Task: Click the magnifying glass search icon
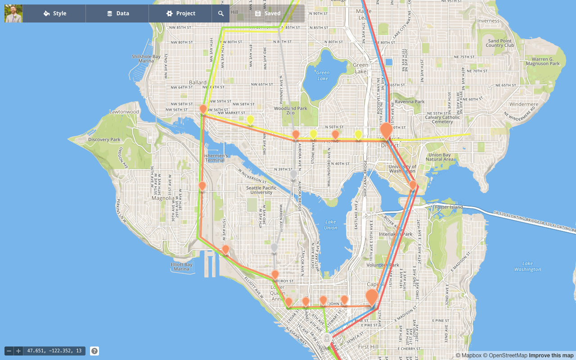tap(221, 13)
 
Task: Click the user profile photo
tap(13, 13)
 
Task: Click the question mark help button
tap(94, 351)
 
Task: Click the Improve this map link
tap(551, 355)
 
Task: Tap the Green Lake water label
tap(323, 76)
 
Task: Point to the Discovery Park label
tap(104, 139)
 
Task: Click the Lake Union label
tap(331, 225)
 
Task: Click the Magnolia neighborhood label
tap(163, 198)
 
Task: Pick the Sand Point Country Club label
tap(500, 43)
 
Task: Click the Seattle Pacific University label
tap(261, 190)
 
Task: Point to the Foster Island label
tap(449, 207)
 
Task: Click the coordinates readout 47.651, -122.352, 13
tap(54, 351)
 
